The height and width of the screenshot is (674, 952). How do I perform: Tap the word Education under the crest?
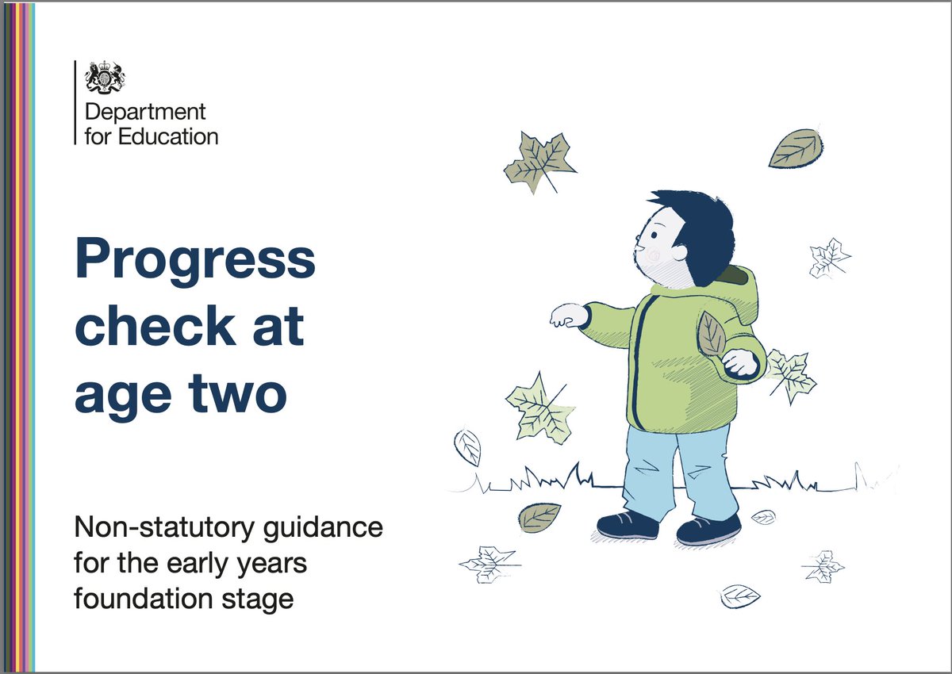(167, 136)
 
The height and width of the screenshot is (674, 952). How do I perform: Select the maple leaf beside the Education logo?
(539, 163)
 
